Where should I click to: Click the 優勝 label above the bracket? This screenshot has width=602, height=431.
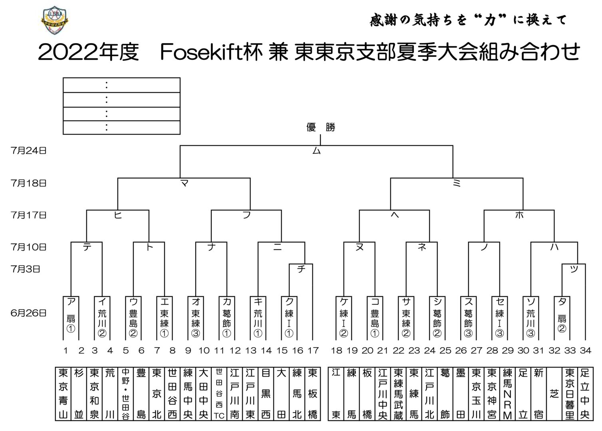coord(320,127)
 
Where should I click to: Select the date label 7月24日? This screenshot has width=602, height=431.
coord(29,150)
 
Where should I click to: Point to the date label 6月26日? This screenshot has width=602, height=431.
coord(29,313)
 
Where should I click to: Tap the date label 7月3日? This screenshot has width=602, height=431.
coord(26,269)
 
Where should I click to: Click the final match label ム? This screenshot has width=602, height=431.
coord(316,151)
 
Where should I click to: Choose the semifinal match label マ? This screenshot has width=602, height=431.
coord(184,183)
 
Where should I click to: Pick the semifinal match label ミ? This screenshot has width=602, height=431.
coord(457,183)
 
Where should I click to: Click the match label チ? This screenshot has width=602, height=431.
coord(301,269)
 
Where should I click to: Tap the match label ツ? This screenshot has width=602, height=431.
coord(574,269)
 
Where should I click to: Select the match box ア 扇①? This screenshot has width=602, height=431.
coord(71,317)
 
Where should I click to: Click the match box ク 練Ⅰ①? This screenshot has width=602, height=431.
coord(289,317)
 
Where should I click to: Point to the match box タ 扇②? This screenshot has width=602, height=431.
coord(562,317)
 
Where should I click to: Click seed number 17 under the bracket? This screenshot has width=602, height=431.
coord(313,350)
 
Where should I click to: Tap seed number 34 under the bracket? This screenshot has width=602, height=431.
coord(586,350)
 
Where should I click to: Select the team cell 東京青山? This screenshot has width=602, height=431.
coord(63,393)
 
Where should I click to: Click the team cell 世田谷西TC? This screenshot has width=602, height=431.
coord(219,393)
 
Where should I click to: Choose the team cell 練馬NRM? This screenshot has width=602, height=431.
coord(507,393)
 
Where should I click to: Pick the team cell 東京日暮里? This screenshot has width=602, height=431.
coord(570,393)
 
